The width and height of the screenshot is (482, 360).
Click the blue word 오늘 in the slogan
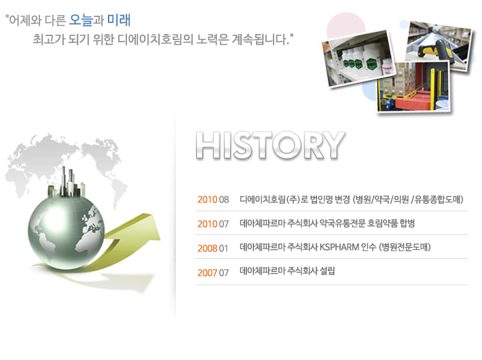[81, 20]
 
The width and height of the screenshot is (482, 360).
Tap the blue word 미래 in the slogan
[119, 20]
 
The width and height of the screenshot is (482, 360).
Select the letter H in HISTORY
[208, 145]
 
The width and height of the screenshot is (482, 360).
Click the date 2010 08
[213, 200]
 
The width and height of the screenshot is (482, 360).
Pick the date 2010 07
[213, 223]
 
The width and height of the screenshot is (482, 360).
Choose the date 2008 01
[213, 248]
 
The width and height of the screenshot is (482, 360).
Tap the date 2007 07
[213, 272]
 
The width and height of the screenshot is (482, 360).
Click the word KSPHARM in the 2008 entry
[339, 247]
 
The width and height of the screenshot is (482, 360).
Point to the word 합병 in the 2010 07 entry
[407, 223]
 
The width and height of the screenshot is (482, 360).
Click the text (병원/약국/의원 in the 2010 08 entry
[381, 200]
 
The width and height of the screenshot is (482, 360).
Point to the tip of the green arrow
[160, 239]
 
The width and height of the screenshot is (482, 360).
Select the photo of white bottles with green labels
[358, 58]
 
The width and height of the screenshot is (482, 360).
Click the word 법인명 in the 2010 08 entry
[321, 200]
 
